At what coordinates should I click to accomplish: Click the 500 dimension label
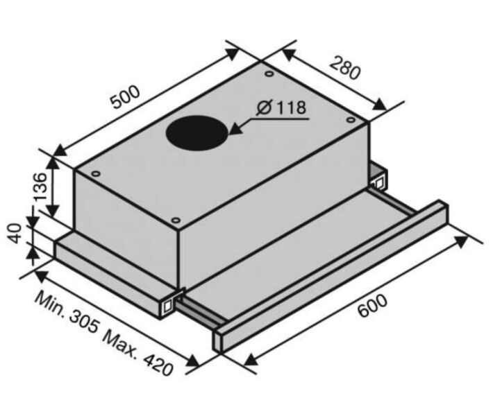click(126, 97)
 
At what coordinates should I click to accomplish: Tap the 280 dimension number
click(345, 68)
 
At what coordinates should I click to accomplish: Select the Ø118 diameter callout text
click(281, 107)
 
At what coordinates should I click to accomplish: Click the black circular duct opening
click(197, 133)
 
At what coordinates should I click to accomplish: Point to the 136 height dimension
click(40, 187)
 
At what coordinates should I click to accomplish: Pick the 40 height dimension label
click(15, 233)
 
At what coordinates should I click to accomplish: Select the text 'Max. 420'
click(138, 353)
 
